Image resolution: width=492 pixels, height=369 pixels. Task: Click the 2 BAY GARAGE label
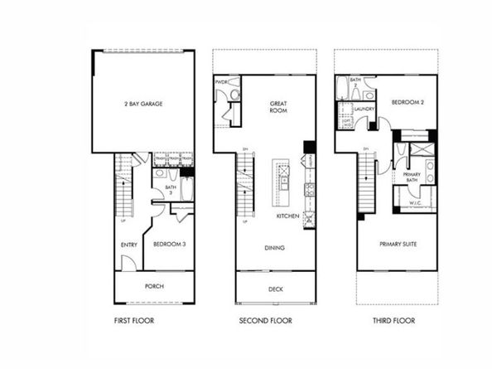142,104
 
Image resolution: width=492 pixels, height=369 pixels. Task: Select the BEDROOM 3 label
170,244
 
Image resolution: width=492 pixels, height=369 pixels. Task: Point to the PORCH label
153,287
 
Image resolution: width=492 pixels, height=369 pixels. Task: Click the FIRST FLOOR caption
133,321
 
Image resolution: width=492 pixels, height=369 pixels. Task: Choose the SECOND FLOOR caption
263,321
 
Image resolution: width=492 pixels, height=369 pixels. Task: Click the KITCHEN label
288,216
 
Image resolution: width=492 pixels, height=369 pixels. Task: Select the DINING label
276,247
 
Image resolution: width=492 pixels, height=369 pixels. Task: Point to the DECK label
275,290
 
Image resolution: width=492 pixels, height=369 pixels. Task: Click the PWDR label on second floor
221,82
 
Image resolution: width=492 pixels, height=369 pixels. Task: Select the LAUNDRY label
365,109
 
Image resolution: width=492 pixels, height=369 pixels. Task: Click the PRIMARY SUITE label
398,245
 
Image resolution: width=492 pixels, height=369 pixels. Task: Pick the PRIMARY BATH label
412,177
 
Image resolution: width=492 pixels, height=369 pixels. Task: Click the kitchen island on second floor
283,182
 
